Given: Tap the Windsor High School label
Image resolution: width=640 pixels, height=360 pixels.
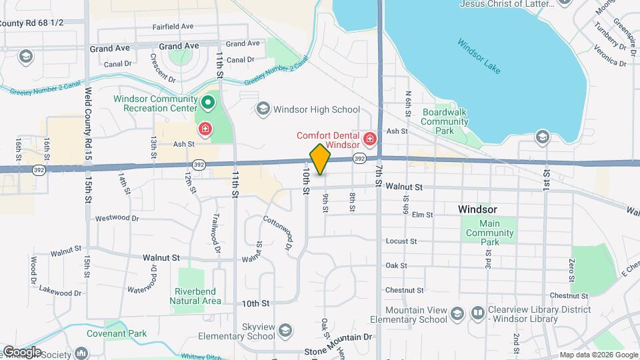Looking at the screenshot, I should click(317, 109).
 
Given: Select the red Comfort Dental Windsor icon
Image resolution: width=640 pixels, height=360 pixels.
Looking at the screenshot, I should click(369, 140).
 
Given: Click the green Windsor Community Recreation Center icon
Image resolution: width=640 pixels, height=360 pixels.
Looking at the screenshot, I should click(207, 103).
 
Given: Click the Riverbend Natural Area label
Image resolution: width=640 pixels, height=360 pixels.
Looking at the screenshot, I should click(197, 296).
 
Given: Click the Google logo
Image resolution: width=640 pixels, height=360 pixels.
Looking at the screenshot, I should click(22, 351).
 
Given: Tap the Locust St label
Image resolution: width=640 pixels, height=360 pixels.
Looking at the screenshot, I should click(401, 241).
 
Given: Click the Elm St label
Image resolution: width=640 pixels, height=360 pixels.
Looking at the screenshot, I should click(423, 215).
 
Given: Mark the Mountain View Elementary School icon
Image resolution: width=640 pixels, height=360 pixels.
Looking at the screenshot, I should click(457, 313).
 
